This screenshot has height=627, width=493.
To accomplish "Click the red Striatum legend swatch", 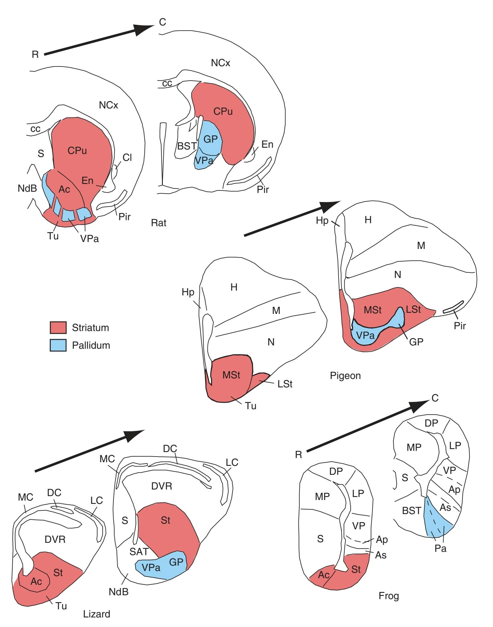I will [58, 327].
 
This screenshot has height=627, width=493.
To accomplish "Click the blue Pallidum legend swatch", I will [58, 345].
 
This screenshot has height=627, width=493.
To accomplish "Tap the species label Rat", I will [159, 223].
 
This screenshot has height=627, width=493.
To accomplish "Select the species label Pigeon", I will [345, 375].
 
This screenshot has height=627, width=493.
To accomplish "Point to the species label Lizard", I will [97, 614].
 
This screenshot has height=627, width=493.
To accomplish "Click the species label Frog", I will [389, 596].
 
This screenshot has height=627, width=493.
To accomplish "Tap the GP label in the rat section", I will [211, 139].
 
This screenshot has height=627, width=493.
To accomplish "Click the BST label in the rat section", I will [187, 146].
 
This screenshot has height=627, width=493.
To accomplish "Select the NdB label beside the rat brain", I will [27, 188].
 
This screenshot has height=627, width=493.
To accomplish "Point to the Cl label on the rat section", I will [127, 157].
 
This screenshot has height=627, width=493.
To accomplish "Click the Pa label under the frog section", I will [441, 549].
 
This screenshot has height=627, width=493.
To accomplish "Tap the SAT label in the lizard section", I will [139, 552].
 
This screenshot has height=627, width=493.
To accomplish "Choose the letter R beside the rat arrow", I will [35, 55].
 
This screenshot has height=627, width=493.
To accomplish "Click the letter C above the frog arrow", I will [435, 398].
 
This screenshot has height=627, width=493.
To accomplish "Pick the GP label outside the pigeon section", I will [416, 342].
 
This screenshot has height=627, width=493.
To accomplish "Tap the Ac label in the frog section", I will [324, 575].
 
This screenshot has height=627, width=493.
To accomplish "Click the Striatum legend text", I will [90, 328].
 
